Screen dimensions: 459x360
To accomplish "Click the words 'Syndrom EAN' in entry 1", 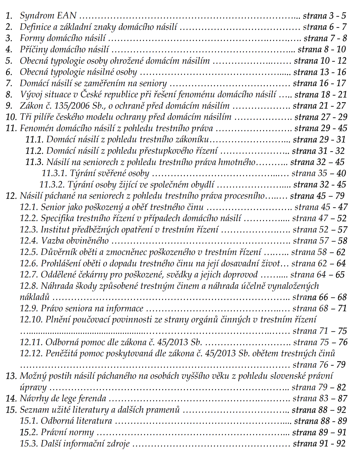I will [x=48, y=15].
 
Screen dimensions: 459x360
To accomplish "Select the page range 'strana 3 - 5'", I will [x=324, y=16].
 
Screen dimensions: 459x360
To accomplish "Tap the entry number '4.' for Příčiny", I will [x=9, y=49].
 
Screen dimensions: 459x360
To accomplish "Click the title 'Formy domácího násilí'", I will [x=63, y=38].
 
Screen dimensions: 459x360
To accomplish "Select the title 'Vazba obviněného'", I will [x=75, y=241].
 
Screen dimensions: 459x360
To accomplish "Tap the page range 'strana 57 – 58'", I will [x=320, y=241].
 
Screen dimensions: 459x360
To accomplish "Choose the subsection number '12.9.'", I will [x=29, y=309].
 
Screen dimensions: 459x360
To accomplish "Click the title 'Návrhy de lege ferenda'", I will [x=63, y=399].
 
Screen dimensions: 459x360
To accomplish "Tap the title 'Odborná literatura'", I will [x=76, y=421].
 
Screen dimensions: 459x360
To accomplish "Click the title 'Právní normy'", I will [x=67, y=432].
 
